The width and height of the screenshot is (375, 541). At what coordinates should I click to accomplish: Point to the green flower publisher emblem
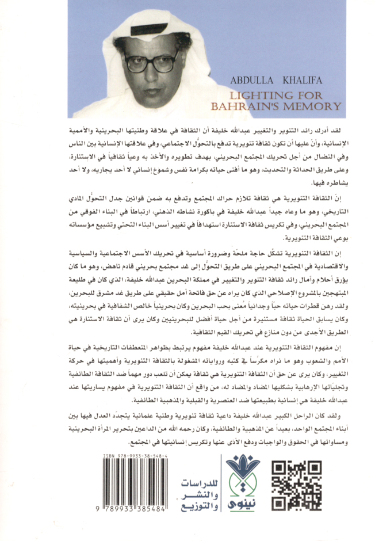243,474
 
